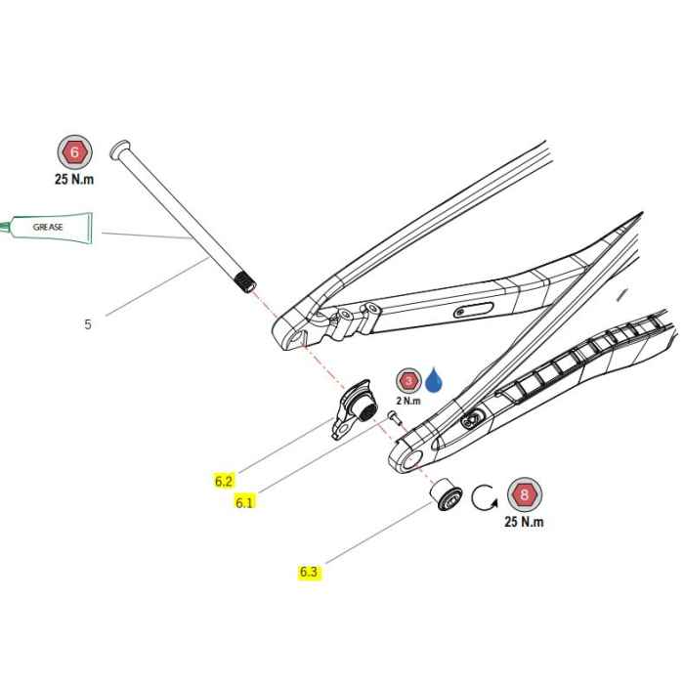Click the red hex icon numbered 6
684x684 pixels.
click(74, 152)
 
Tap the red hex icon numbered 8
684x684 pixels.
click(525, 494)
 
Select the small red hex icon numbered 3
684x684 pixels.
click(408, 381)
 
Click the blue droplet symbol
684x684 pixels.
click(434, 381)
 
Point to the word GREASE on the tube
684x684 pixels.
click(48, 228)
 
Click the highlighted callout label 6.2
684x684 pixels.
click(224, 481)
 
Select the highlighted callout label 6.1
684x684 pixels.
click(244, 503)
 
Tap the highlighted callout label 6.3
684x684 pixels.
click(309, 572)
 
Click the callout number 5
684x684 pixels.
click(88, 324)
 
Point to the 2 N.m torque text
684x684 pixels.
click(408, 401)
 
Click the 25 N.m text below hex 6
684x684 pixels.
click(74, 179)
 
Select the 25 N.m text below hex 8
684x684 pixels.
click(524, 521)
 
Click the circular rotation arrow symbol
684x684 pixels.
click(485, 497)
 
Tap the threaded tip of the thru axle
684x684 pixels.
click(245, 282)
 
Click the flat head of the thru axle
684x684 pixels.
click(120, 150)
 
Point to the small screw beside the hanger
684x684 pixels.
click(395, 416)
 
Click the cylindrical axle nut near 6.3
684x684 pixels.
click(446, 495)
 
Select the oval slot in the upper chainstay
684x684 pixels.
click(473, 310)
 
